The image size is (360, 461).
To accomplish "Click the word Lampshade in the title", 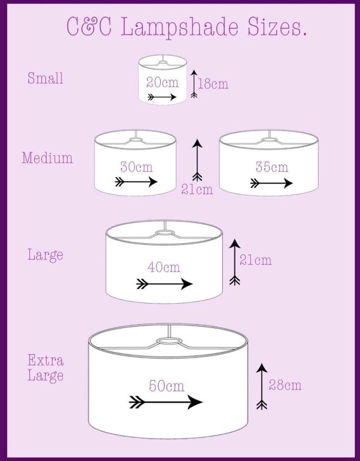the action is click(179, 28).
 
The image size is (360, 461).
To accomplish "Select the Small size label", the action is click(45, 78).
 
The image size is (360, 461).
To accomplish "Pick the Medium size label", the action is click(47, 158).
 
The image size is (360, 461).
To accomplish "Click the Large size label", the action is click(45, 254).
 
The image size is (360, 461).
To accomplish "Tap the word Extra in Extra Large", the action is click(46, 360).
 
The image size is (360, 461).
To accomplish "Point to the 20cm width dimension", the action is click(162, 83).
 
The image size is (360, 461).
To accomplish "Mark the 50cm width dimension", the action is click(167, 386).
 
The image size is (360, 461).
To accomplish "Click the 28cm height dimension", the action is click(285, 385).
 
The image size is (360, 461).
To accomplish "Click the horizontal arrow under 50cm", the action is click(166, 402).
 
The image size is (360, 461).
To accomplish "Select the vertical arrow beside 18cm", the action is click(194, 84).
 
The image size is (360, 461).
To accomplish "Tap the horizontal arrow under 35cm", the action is click(271, 184).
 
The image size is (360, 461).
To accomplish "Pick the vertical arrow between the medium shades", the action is click(197, 160).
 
